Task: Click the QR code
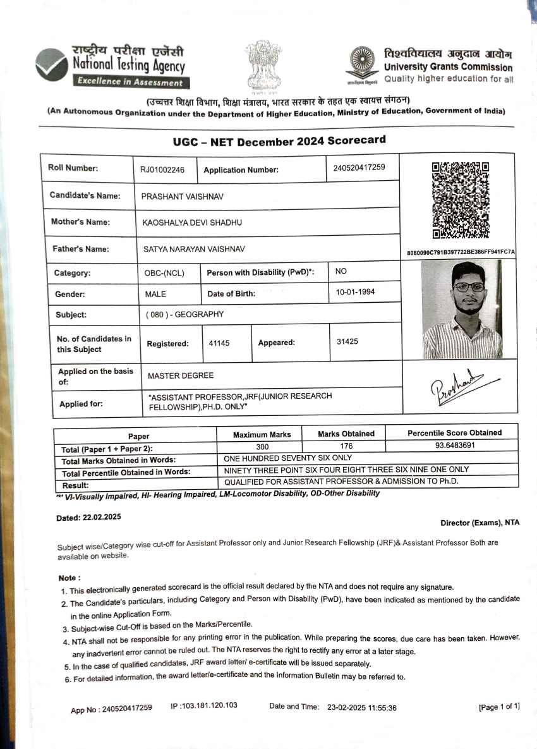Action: click(460, 200)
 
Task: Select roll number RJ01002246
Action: click(162, 169)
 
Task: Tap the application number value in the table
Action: click(358, 167)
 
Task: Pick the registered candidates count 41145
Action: click(219, 343)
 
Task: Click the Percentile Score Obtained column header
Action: click(455, 433)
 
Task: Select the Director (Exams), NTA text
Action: click(480, 523)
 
